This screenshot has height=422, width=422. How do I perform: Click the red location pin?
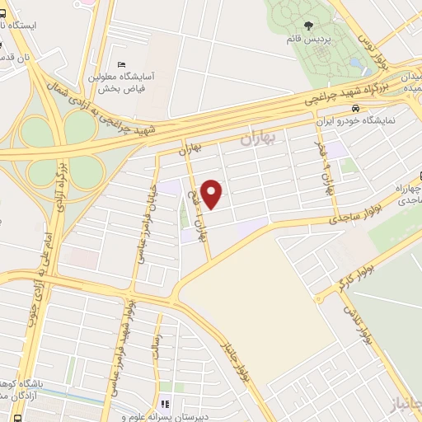pyautogui.click(x=212, y=194)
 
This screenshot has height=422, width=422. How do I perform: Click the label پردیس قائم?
pyautogui.click(x=304, y=40)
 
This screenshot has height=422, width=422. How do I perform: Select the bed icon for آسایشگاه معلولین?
pyautogui.click(x=123, y=64)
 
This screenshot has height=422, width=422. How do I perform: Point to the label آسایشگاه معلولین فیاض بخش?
pyautogui.click(x=133, y=80)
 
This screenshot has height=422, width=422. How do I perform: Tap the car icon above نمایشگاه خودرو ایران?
pyautogui.click(x=354, y=109)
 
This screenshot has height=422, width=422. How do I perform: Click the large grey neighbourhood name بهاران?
pyautogui.click(x=259, y=140)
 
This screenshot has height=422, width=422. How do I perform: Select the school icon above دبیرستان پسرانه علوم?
pyautogui.click(x=165, y=404)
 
